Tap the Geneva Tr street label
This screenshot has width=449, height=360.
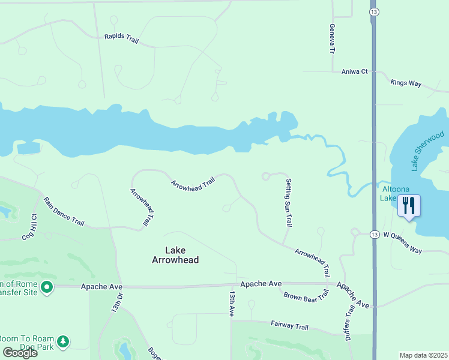click(x=331, y=39)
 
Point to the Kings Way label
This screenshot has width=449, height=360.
click(x=406, y=83)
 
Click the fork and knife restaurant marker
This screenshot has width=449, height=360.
click(x=409, y=206)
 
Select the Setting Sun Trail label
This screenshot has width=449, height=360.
click(x=289, y=203)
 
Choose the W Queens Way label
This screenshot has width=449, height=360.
click(x=403, y=234)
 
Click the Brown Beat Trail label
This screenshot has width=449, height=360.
click(x=306, y=295)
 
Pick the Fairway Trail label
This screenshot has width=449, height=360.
click(x=289, y=326)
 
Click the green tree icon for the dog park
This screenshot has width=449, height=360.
click(x=63, y=343)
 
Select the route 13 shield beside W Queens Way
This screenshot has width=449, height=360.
click(x=373, y=234)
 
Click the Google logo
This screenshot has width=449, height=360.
click(x=20, y=352)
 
